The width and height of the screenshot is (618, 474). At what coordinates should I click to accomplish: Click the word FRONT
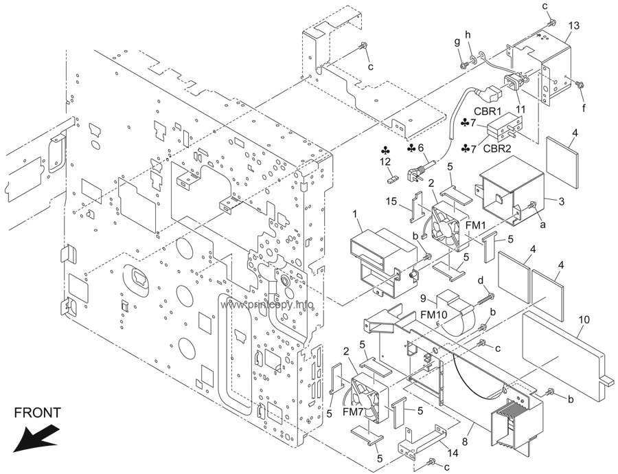pos(38,412)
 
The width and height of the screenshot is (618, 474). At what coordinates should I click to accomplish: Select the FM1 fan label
pos(476,225)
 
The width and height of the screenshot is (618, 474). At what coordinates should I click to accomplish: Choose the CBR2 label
pos(496,148)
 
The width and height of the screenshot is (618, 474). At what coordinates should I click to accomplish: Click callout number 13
pos(574,25)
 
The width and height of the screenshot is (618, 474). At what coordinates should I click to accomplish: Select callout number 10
pos(584,319)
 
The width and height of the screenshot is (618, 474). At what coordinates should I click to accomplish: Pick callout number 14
pos(453,453)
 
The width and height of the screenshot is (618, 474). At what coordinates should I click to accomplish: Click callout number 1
pos(355,214)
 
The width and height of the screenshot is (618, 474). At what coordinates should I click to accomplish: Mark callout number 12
pos(385,161)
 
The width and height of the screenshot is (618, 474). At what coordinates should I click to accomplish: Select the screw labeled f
pos(580,84)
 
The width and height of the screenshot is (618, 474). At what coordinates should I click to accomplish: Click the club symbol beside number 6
pos(411,148)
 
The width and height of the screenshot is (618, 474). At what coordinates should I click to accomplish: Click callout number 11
pos(520,109)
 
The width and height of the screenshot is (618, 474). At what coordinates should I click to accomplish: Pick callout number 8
pos(465,442)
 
